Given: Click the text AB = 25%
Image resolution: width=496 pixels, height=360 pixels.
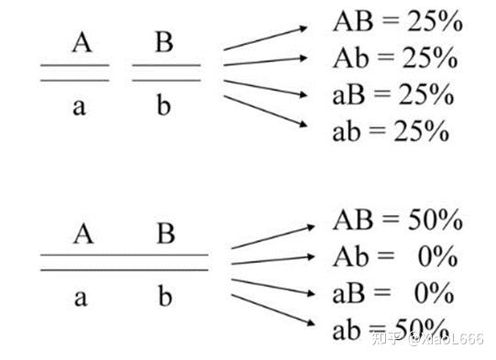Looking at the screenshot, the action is coord(398,21).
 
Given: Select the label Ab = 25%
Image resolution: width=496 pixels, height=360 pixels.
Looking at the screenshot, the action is coord(395,58).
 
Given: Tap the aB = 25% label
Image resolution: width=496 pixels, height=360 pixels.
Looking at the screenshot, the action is coord(393,94).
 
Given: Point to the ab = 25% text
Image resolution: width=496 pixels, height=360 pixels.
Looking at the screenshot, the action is coord(391,131).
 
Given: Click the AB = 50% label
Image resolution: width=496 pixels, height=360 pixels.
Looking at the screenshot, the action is coord(398,220).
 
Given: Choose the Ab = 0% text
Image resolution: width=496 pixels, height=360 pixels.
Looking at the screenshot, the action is coord(395,256).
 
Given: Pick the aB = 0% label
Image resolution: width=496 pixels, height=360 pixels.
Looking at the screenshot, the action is coord(393,293).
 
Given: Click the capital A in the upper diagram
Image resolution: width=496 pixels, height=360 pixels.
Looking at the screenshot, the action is coord(82,42).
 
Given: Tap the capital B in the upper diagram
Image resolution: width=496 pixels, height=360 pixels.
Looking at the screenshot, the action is coord(164,42).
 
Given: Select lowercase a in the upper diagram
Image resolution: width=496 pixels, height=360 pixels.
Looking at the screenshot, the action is coord(79,107).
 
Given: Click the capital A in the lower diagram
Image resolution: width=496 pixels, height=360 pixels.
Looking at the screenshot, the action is coord(83,234).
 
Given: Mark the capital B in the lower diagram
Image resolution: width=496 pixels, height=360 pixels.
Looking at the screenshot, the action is coord(166,234).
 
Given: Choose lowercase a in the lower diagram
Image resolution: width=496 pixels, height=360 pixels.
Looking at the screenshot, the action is coord(81,299).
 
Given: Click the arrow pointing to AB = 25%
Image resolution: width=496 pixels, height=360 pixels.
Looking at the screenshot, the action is coord(265,38).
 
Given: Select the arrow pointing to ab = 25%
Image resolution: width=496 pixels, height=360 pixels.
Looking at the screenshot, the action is coord(265,111).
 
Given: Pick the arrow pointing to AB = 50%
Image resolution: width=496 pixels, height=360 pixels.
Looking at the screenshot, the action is coord(273,236).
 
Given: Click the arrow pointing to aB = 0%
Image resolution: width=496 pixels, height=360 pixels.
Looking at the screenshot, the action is coord(273,287).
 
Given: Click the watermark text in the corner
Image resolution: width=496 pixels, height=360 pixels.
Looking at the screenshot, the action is coord(427,339).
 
